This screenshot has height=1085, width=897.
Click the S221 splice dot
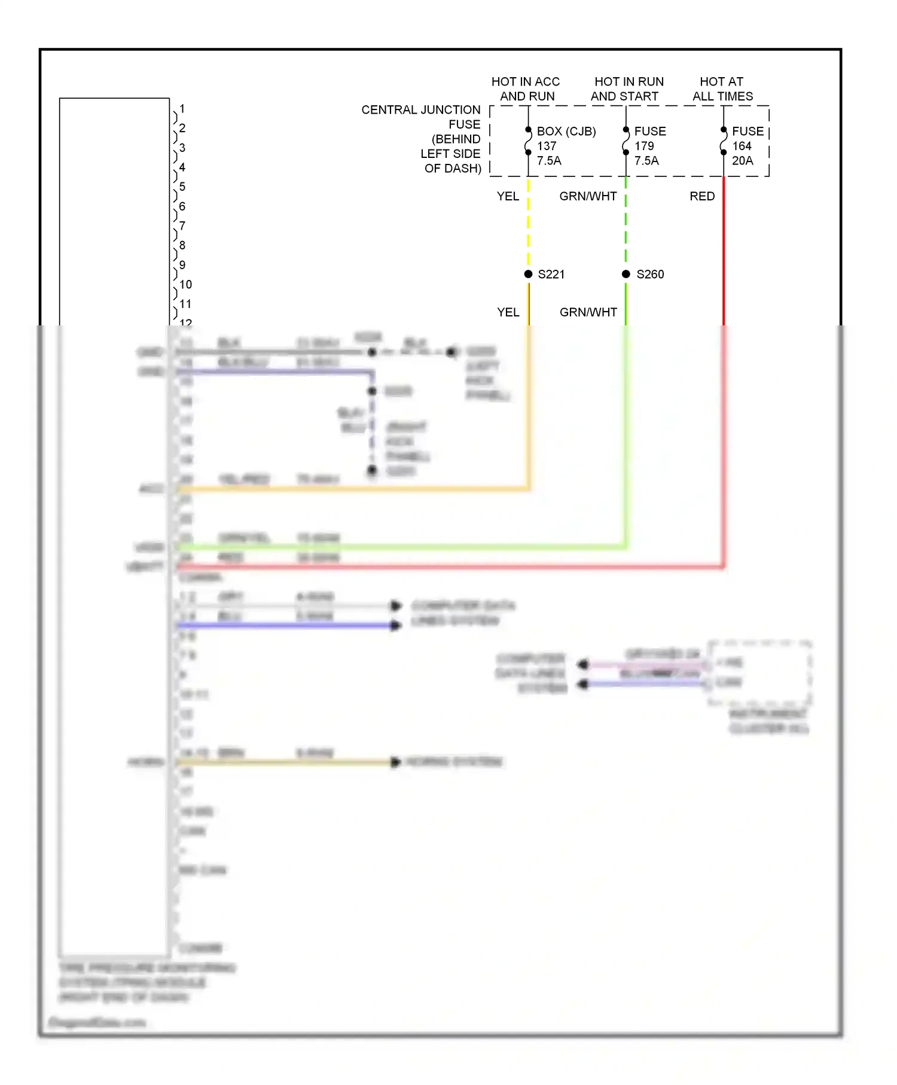[528, 274]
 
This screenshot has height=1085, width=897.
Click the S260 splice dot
[626, 274]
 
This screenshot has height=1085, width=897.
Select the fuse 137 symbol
[528, 142]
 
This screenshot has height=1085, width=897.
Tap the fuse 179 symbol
[626, 142]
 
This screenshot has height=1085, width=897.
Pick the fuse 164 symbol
[724, 142]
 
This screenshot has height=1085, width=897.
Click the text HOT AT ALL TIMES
[722, 89]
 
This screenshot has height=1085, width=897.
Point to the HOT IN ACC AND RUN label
[526, 89]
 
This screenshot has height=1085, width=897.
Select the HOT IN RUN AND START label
[628, 89]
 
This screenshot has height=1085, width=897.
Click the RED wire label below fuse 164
[702, 196]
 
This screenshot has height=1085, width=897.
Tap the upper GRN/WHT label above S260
[588, 196]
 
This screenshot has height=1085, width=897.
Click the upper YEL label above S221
[508, 196]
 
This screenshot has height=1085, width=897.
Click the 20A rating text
[742, 161]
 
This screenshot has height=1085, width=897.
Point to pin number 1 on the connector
[182, 109]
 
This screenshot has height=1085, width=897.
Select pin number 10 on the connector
[185, 285]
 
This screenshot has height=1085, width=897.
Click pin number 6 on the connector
[182, 206]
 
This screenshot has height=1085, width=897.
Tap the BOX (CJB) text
[566, 132]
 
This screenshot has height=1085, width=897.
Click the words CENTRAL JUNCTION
[420, 110]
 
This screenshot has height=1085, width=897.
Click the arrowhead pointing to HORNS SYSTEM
[395, 762]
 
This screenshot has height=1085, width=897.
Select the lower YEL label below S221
[508, 312]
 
